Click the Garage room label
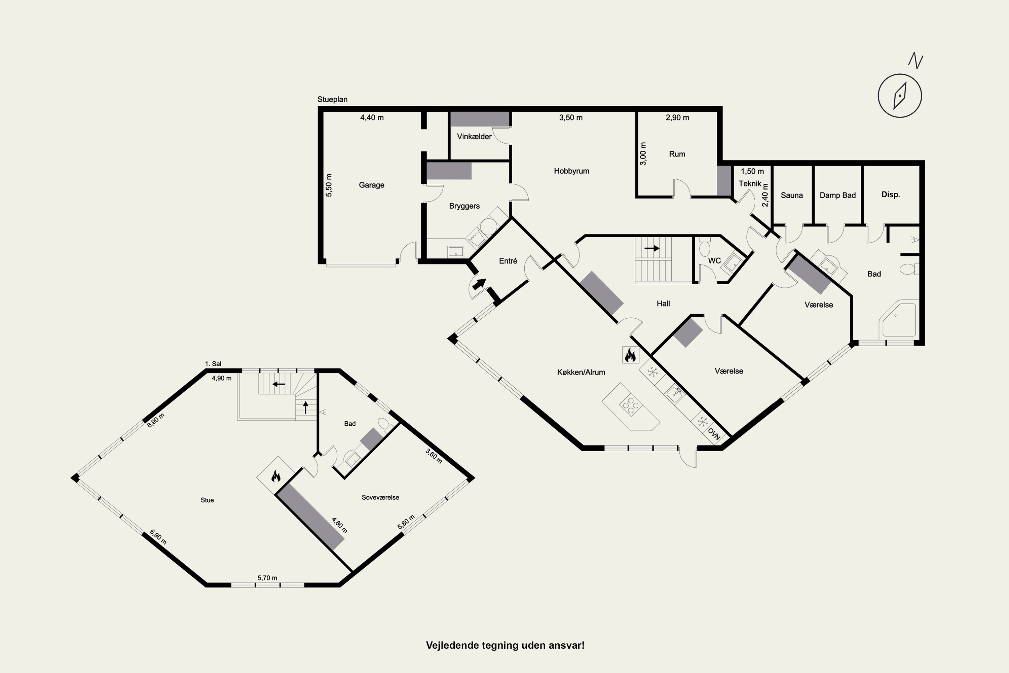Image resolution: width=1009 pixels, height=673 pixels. point(372,185)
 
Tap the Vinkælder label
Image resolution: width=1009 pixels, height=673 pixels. point(474,137)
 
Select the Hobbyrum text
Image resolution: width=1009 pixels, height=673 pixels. point(571,171)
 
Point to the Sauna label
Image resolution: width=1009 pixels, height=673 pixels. point(791,195)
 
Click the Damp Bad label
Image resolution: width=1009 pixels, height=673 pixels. point(837,195)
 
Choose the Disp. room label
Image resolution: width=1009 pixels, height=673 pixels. point(891,194)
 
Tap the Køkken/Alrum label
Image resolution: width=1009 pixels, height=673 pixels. point(581,372)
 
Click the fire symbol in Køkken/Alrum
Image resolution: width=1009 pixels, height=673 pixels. point(630,355)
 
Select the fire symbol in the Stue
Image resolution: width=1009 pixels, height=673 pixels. point(275,475)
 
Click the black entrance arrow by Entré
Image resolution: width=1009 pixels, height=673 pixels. point(479,283)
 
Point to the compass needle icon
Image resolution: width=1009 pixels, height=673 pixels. point(900,96)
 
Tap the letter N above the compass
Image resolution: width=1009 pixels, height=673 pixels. point(915,61)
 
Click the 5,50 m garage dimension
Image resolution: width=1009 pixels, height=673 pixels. point(329,185)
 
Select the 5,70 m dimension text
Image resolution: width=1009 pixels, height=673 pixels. point(267,578)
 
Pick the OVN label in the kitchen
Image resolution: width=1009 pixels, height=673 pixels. point(714,434)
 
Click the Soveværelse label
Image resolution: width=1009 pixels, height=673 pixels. point(380,497)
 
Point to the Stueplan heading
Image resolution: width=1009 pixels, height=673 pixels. point(333,99)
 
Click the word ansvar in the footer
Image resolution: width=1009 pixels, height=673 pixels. point(568,645)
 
